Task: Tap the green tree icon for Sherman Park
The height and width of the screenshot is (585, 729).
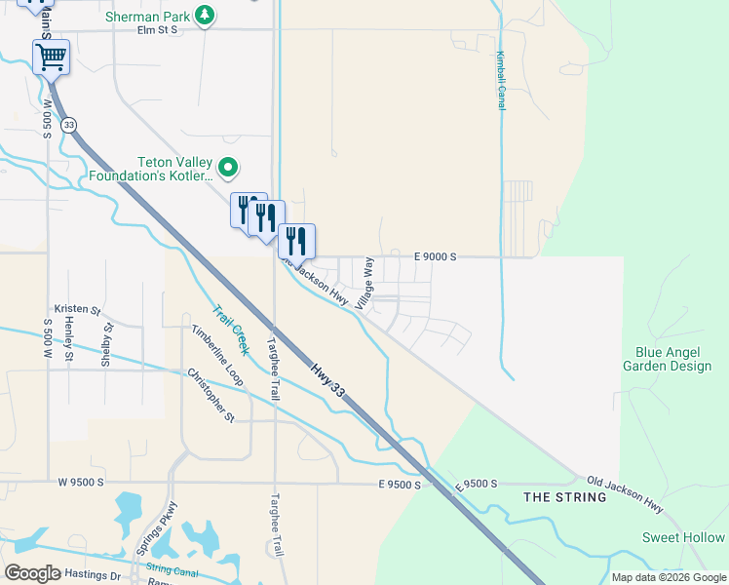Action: (205, 15)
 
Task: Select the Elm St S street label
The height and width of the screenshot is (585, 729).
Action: (157, 30)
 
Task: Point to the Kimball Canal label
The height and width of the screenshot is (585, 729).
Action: (501, 80)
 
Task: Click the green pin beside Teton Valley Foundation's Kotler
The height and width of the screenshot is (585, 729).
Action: (228, 169)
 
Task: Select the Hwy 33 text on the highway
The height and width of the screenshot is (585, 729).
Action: (329, 379)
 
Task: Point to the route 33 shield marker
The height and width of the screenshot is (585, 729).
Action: (67, 126)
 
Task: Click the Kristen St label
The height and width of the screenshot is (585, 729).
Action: (77, 309)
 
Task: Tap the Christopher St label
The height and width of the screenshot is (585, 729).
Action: (211, 395)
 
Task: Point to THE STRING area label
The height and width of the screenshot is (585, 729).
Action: (565, 497)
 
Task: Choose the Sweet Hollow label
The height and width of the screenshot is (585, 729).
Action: (683, 537)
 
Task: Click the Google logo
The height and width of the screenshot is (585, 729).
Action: (32, 573)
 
